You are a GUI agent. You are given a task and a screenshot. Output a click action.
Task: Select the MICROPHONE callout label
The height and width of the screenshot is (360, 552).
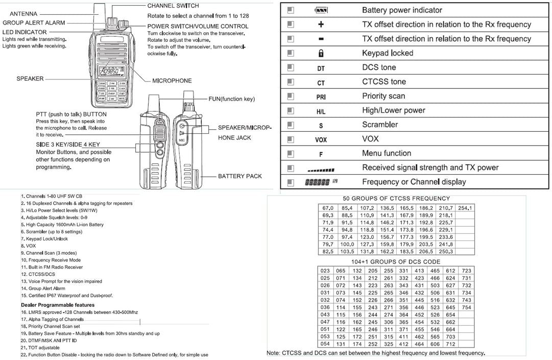[x=172, y=81]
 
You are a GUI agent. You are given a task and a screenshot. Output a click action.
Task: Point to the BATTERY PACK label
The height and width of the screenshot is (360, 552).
[x=239, y=176]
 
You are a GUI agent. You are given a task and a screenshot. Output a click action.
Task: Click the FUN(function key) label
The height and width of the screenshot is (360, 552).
[x=231, y=99]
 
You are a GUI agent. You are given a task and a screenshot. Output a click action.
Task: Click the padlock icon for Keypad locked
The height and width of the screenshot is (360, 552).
[x=321, y=53]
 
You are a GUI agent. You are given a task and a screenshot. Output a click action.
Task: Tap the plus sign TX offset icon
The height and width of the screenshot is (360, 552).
[x=321, y=25]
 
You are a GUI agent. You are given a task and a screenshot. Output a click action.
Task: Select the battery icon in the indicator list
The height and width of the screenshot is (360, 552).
[x=321, y=10]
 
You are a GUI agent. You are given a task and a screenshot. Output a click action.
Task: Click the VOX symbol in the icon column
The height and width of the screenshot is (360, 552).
[x=321, y=139]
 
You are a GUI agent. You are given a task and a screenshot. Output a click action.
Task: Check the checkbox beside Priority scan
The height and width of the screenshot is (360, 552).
[x=291, y=96]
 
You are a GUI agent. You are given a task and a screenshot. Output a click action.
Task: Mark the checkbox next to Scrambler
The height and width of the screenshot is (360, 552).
[x=291, y=125]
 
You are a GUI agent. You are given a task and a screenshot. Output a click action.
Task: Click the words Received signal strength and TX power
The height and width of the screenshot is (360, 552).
[x=430, y=167]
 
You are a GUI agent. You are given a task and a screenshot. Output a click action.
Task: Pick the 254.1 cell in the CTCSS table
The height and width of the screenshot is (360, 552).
[x=465, y=208]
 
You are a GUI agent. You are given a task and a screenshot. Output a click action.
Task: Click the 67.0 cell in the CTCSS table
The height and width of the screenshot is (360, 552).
[x=327, y=208]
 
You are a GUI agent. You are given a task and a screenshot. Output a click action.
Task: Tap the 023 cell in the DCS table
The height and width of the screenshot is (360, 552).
[x=325, y=271]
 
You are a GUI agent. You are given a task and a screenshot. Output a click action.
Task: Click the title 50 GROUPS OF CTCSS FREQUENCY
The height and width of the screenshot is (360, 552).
[x=396, y=198]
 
